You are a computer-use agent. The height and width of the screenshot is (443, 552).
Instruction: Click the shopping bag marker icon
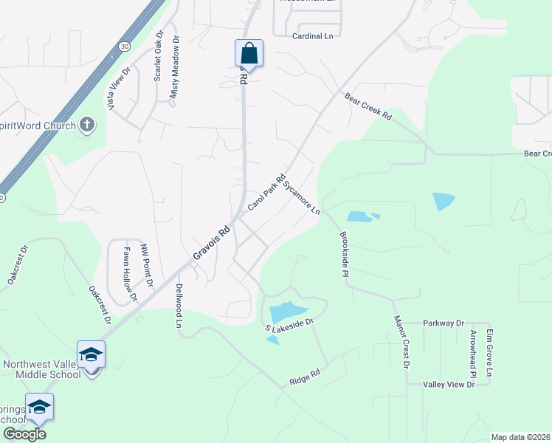249,53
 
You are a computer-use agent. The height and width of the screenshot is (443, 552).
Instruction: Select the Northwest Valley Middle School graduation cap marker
92,355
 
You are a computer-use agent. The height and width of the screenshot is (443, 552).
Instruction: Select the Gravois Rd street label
213,243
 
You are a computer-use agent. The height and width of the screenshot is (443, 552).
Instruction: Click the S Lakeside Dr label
290,322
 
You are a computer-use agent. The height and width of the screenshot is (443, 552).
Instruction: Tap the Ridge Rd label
304,380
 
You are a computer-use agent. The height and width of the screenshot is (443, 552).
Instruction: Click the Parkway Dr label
444,323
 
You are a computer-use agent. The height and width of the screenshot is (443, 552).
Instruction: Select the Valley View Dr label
448,385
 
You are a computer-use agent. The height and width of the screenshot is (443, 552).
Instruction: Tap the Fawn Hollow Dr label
131,274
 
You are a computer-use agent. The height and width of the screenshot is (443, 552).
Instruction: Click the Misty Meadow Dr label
175,68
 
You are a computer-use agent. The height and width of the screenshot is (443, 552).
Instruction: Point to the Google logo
24,433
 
